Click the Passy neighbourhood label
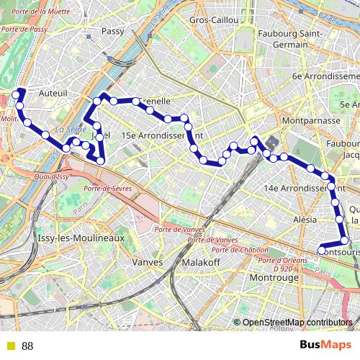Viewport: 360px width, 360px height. pos(113,31)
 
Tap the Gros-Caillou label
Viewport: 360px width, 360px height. pos(214,21)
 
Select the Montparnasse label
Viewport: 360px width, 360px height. pos(312,121)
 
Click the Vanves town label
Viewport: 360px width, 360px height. pos(149,262)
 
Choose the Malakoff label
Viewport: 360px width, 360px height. pos(202,262)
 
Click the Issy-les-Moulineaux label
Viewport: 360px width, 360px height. pos(81,237)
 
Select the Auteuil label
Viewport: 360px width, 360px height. pos(53,93)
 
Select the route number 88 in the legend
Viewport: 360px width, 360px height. pos(28,346)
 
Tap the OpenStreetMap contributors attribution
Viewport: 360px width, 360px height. pos(297,323)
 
